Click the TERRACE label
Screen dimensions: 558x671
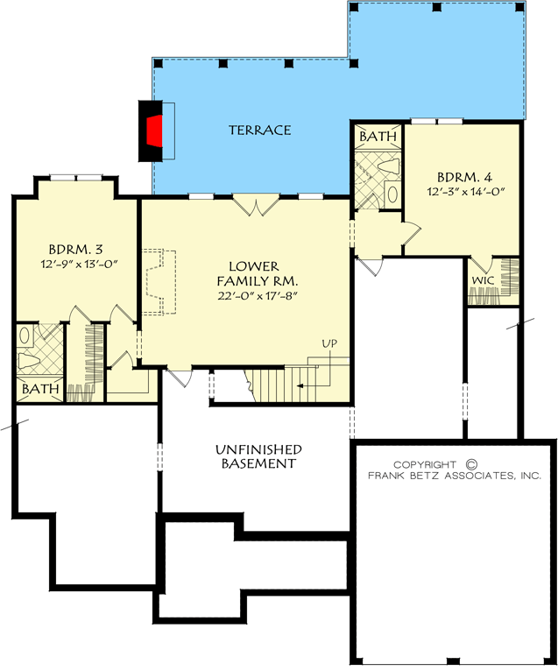[x=260, y=131]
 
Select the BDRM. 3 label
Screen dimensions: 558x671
[x=75, y=249]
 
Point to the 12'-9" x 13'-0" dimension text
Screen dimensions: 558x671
[x=80, y=264]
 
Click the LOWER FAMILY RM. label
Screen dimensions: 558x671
[x=258, y=274]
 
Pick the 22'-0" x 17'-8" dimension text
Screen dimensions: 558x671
[x=258, y=296]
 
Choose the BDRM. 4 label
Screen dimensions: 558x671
[x=465, y=176]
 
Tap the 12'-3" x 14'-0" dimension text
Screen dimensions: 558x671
[x=464, y=191]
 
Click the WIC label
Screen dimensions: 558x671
[x=483, y=280]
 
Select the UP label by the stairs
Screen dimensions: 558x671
[x=329, y=343]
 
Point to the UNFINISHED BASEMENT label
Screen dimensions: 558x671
[x=258, y=456]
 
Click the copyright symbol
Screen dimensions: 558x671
[x=470, y=464]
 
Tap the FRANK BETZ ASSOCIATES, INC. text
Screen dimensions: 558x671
[x=455, y=476]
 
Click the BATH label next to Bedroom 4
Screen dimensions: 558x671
[x=378, y=137]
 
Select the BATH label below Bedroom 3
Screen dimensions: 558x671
[x=40, y=389]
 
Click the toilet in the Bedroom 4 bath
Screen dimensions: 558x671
[x=389, y=166]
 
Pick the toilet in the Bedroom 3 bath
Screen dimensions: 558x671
[x=29, y=361]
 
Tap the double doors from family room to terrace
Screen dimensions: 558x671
[x=256, y=205]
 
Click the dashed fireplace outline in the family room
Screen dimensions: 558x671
[x=159, y=281]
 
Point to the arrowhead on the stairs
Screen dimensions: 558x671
[x=300, y=386]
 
